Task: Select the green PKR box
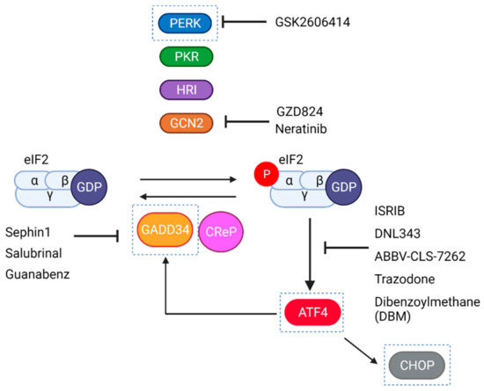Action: pos(186,58)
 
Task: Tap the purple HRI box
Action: pos(186,91)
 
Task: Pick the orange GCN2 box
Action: pos(186,123)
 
